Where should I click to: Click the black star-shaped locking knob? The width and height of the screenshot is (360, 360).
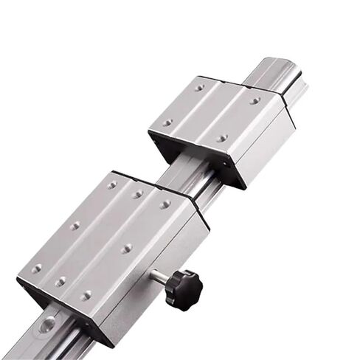click(x=182, y=281)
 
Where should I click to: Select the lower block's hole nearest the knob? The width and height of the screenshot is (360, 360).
click(x=127, y=249)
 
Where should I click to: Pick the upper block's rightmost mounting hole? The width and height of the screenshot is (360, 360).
click(x=255, y=100)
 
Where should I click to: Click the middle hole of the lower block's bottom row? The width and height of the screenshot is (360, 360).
click(x=61, y=281)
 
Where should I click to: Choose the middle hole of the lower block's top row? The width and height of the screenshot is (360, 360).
click(x=138, y=194)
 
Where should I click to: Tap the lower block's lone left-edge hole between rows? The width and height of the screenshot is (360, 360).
click(x=75, y=226)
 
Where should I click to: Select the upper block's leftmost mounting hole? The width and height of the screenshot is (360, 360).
click(x=167, y=122)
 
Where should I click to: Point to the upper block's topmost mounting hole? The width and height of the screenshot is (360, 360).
click(x=199, y=88)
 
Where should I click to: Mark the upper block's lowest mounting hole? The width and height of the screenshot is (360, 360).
click(x=222, y=137)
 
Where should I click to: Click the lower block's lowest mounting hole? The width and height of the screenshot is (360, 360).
click(x=86, y=295)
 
